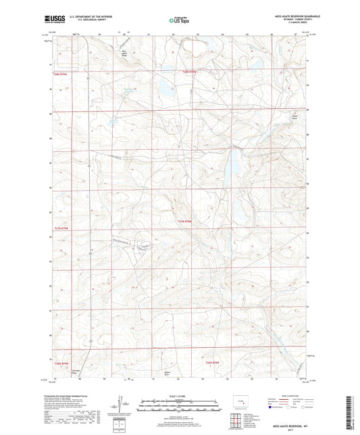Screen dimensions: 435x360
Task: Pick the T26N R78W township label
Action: pyautogui.click(x=213, y=363)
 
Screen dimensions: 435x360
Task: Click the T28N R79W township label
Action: pyautogui.click(x=60, y=74)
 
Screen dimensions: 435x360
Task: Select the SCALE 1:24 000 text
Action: pyautogui.click(x=180, y=396)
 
